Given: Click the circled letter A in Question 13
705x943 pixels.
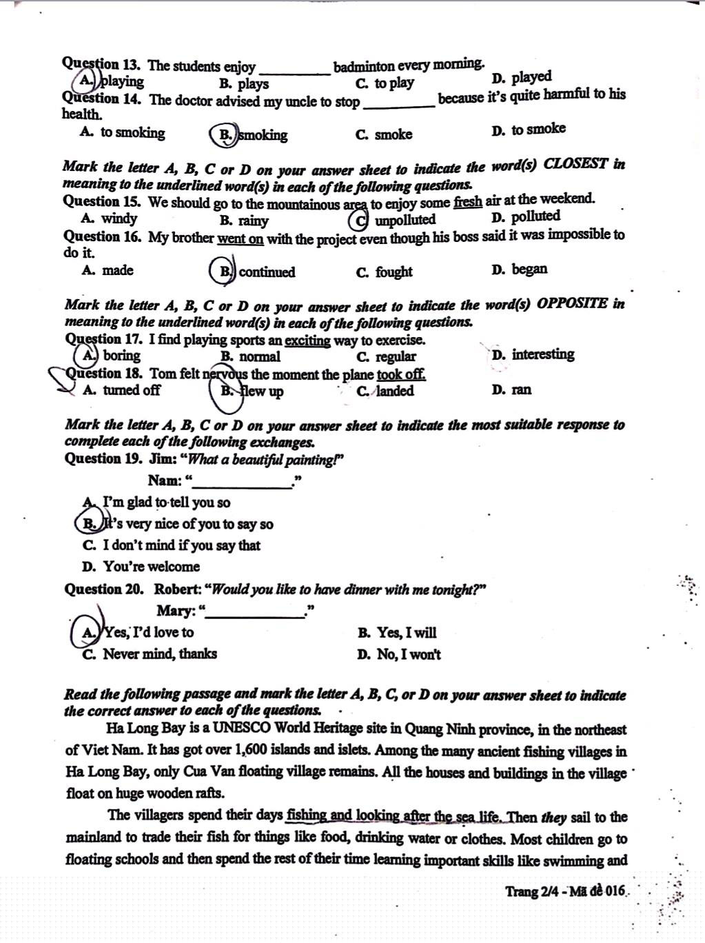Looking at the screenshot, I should tap(88, 81).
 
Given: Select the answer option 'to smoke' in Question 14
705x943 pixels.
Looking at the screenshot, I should tap(538, 130).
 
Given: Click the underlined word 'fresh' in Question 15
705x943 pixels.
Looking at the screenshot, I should tap(468, 201).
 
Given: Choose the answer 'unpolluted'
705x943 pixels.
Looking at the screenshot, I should tap(405, 220).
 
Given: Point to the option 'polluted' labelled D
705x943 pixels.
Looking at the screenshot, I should tap(535, 217).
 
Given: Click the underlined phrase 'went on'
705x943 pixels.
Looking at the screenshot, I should tap(240, 239).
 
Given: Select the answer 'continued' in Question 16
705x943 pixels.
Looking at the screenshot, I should tap(267, 272).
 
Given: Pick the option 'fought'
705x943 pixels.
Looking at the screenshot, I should tap(394, 272).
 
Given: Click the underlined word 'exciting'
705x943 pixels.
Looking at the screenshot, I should tap(307, 340).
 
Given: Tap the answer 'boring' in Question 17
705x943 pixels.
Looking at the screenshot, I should tap(121, 356).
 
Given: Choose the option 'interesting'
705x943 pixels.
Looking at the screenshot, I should tap(542, 354).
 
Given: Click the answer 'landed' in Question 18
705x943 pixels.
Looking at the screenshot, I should tap(394, 391).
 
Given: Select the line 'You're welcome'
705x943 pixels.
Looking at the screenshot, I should tap(151, 567).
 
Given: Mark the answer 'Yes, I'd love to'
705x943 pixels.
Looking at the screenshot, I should tap(149, 632).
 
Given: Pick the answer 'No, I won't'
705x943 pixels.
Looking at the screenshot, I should tap(409, 655).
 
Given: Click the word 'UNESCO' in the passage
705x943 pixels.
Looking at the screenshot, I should tap(241, 729).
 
